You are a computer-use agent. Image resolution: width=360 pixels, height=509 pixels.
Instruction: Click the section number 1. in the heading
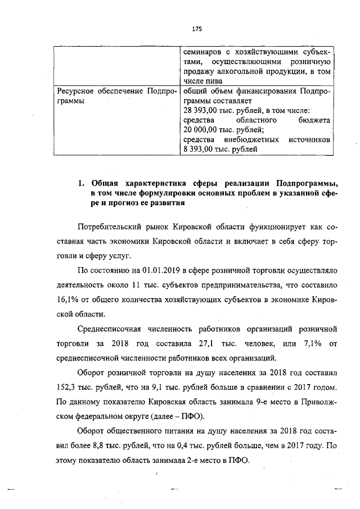coord(81,183)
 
